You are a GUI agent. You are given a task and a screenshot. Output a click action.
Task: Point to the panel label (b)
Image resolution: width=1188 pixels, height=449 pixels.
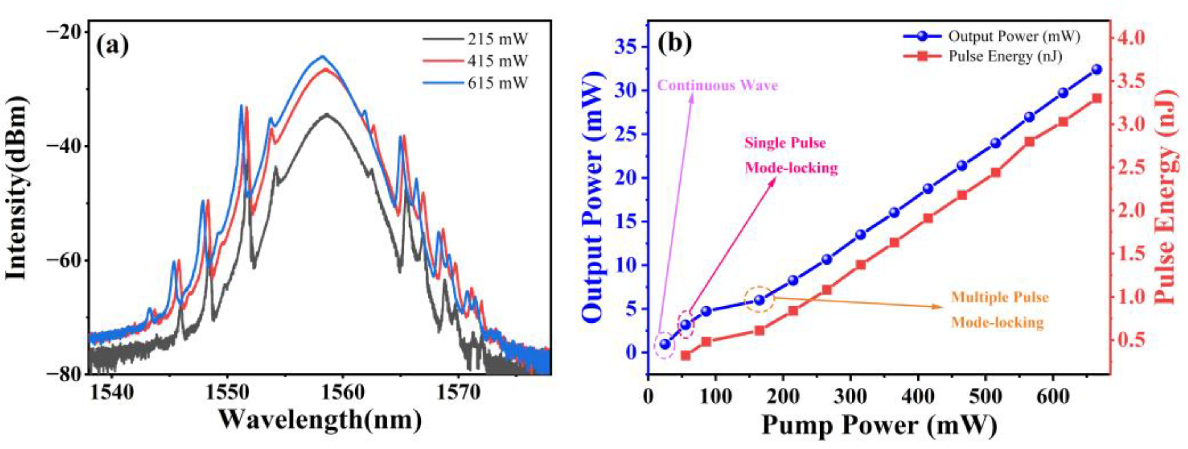(x=675, y=43)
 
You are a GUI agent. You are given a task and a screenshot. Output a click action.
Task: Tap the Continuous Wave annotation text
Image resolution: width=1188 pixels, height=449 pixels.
(x=717, y=86)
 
